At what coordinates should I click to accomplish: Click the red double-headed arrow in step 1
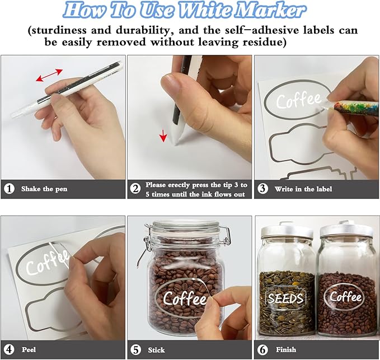coord(49,75)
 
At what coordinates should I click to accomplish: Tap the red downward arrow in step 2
coord(163,135)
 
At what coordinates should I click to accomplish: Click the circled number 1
coord(9,189)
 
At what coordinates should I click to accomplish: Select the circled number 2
coord(135,189)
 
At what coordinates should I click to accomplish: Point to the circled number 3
coord(262,189)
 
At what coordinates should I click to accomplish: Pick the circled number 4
coord(9,349)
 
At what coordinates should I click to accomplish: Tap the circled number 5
coord(135,349)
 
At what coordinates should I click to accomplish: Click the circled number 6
coord(263,349)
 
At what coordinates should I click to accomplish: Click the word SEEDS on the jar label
coord(285,298)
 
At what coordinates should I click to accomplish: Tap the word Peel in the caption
coord(29,349)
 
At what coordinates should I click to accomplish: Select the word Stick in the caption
coord(156,350)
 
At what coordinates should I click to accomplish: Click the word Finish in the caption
coord(286,349)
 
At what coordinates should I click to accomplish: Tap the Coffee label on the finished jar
coord(345,297)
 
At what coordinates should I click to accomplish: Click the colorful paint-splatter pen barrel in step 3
coord(356,107)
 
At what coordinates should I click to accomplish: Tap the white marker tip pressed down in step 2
coord(176,135)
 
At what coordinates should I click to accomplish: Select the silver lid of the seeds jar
coord(287,232)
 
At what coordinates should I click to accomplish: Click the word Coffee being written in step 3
coord(299,100)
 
